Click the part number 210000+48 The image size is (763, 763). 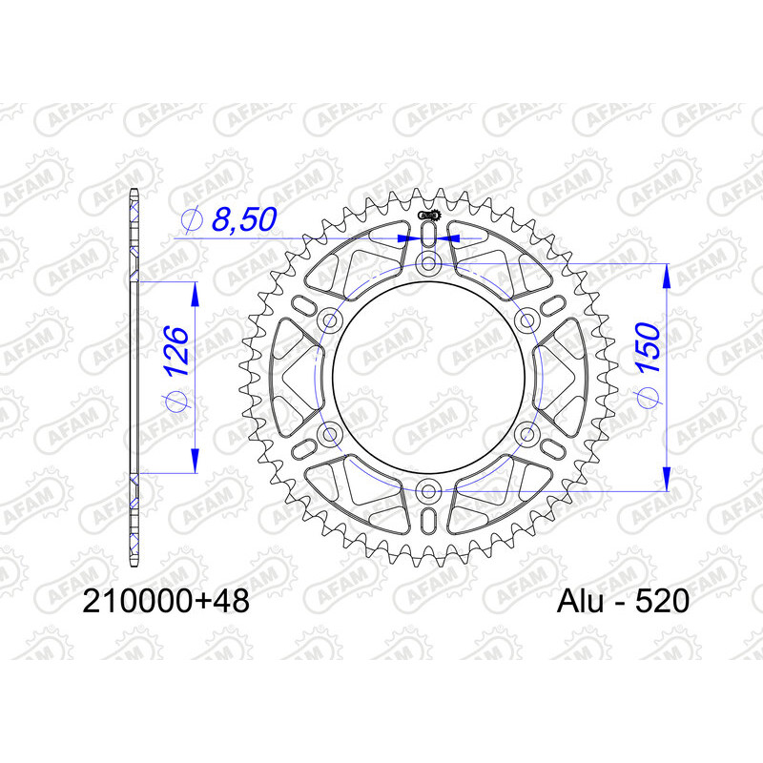tap(167, 602)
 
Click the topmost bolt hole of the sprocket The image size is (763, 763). tap(428, 262)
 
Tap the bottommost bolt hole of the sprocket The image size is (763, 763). tap(428, 491)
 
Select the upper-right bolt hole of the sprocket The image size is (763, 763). tap(527, 320)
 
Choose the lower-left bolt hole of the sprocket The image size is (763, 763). tap(330, 435)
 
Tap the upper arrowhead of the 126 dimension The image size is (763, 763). tap(196, 294)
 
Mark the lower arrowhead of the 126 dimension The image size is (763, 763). tap(196, 460)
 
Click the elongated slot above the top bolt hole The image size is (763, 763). tap(428, 235)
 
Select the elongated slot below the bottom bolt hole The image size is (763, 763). tap(428, 520)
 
